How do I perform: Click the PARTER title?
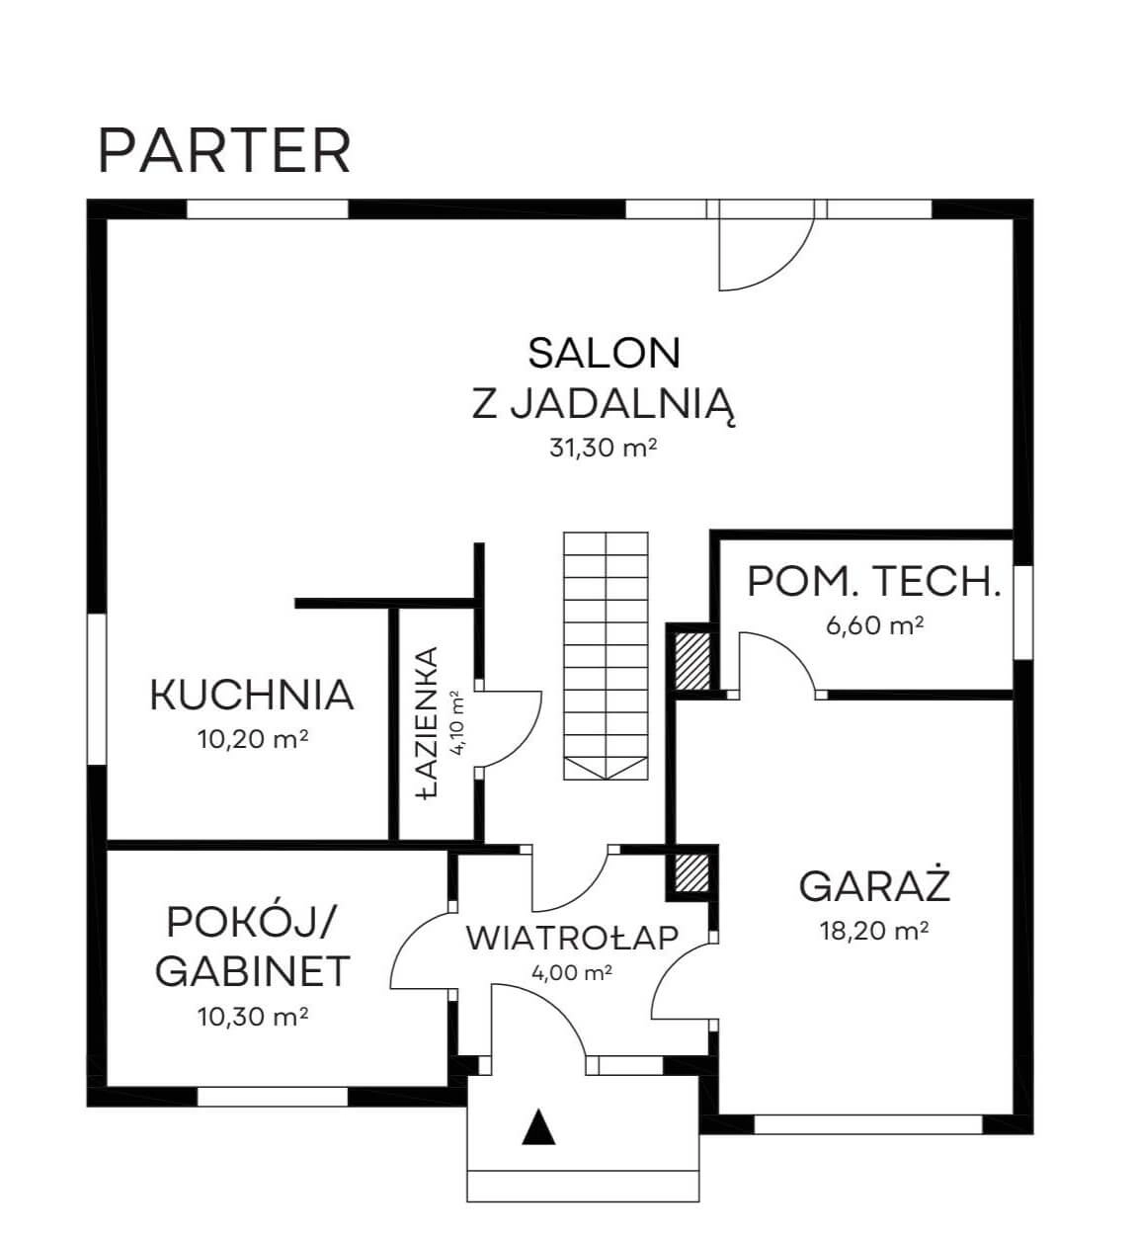coord(224,151)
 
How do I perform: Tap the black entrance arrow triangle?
coord(539,1126)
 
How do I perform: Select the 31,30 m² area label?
coord(603,448)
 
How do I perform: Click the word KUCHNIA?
coord(252,695)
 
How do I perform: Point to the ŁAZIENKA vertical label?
coord(427,723)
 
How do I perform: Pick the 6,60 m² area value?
coord(874,625)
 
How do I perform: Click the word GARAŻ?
coord(874,885)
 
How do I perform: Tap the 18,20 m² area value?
coord(874,931)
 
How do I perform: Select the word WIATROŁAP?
coord(572,938)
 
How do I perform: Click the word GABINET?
coord(253,971)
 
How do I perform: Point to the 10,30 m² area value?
coord(253,1017)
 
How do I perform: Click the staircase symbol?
coord(606,655)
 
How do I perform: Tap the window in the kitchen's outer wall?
coord(97,689)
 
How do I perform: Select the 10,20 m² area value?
coord(253,739)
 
